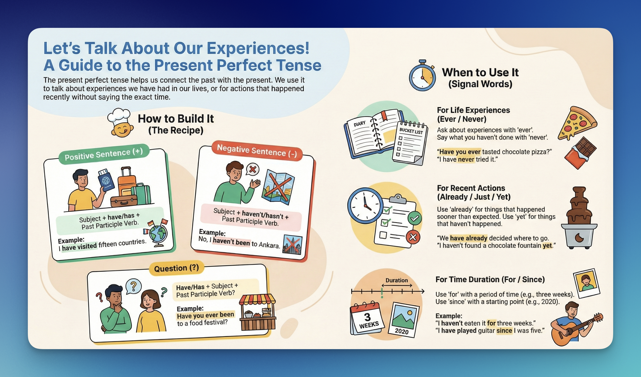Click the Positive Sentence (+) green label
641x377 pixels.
tap(104, 154)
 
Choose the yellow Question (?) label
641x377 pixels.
tap(176, 268)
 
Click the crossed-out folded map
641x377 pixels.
tap(278, 187)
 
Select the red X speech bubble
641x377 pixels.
tap(252, 169)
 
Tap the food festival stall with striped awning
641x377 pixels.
tap(257, 312)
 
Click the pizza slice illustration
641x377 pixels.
tap(577, 123)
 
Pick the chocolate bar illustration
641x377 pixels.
tap(580, 153)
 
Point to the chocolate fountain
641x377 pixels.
tap(579, 218)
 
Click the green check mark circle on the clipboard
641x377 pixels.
tap(415, 218)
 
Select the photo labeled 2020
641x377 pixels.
tap(404, 320)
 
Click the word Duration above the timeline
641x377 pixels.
tap(397, 280)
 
